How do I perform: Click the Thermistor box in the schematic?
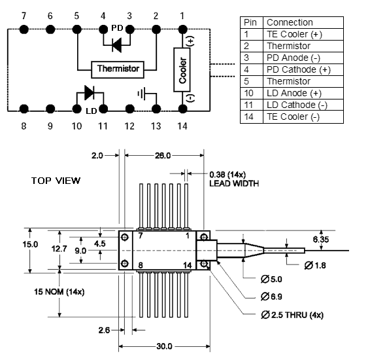(x=118, y=69)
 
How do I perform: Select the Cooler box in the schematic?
(x=182, y=69)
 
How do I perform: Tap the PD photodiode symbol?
(x=117, y=45)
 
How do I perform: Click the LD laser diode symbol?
(x=90, y=92)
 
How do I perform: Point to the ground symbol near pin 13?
(x=142, y=94)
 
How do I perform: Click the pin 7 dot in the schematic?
(x=24, y=29)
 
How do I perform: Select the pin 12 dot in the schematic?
(x=129, y=109)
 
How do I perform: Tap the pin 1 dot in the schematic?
(x=182, y=29)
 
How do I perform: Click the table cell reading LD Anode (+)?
(x=294, y=94)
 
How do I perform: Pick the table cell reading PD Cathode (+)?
(x=299, y=69)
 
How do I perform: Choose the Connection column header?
(x=290, y=22)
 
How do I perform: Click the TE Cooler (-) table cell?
(x=293, y=117)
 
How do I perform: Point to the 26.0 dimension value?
(x=163, y=156)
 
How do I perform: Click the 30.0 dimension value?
(x=164, y=346)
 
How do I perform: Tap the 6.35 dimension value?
(x=321, y=240)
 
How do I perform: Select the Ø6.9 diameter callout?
(x=271, y=297)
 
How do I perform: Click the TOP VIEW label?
(x=56, y=181)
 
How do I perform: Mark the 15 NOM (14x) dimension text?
(x=59, y=292)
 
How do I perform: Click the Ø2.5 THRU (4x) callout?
(x=292, y=315)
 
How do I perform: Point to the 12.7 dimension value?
(x=59, y=249)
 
